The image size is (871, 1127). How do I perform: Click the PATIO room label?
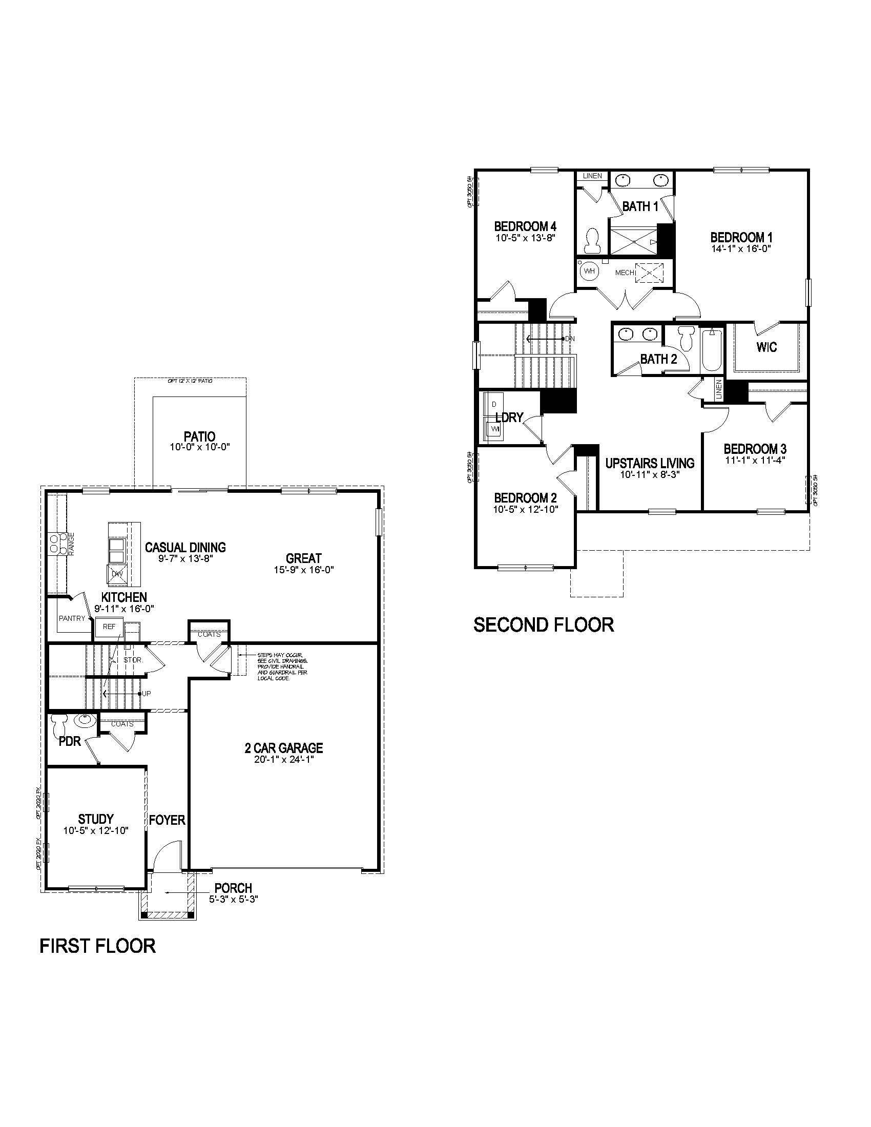(x=199, y=436)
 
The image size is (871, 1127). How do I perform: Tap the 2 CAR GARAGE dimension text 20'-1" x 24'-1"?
(x=284, y=760)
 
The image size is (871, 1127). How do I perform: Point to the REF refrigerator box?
(x=109, y=627)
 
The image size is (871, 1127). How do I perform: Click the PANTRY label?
(x=72, y=618)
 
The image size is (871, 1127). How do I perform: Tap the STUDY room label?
(x=96, y=819)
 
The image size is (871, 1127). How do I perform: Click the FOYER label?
(x=167, y=820)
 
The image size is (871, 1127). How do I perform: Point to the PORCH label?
(x=233, y=888)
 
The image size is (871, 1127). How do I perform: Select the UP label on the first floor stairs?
(x=147, y=694)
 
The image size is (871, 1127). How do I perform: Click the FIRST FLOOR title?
(x=97, y=946)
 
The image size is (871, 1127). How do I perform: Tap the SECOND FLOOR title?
(x=543, y=625)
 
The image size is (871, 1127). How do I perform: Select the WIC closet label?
(x=766, y=347)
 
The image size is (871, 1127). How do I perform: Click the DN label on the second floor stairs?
(x=570, y=339)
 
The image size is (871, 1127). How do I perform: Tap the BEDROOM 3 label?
(x=754, y=449)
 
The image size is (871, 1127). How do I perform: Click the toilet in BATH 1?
(x=593, y=241)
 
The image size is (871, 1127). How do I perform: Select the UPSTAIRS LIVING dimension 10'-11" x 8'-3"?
(x=650, y=474)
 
